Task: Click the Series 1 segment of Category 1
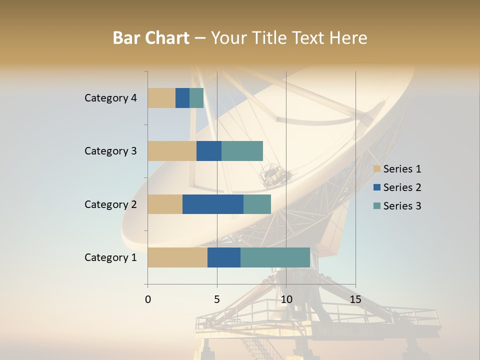177,257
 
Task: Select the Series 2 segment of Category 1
224,257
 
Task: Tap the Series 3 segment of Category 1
275,257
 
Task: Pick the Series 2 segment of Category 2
213,204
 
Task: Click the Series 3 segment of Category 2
257,204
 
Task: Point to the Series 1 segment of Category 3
172,151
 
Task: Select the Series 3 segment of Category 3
242,151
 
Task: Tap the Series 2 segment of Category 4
182,98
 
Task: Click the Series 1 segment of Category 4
161,98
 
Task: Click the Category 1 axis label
110,257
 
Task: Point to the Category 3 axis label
110,151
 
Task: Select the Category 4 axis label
110,98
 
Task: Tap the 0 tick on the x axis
148,299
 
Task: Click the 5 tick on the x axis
217,299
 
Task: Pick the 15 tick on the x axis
355,299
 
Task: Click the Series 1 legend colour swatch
377,169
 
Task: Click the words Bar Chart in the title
151,38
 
